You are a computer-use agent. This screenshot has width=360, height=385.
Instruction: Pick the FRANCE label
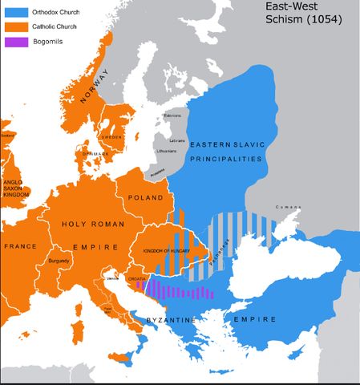point(19,247)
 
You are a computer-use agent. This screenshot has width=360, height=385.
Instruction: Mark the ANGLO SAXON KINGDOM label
point(15,187)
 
